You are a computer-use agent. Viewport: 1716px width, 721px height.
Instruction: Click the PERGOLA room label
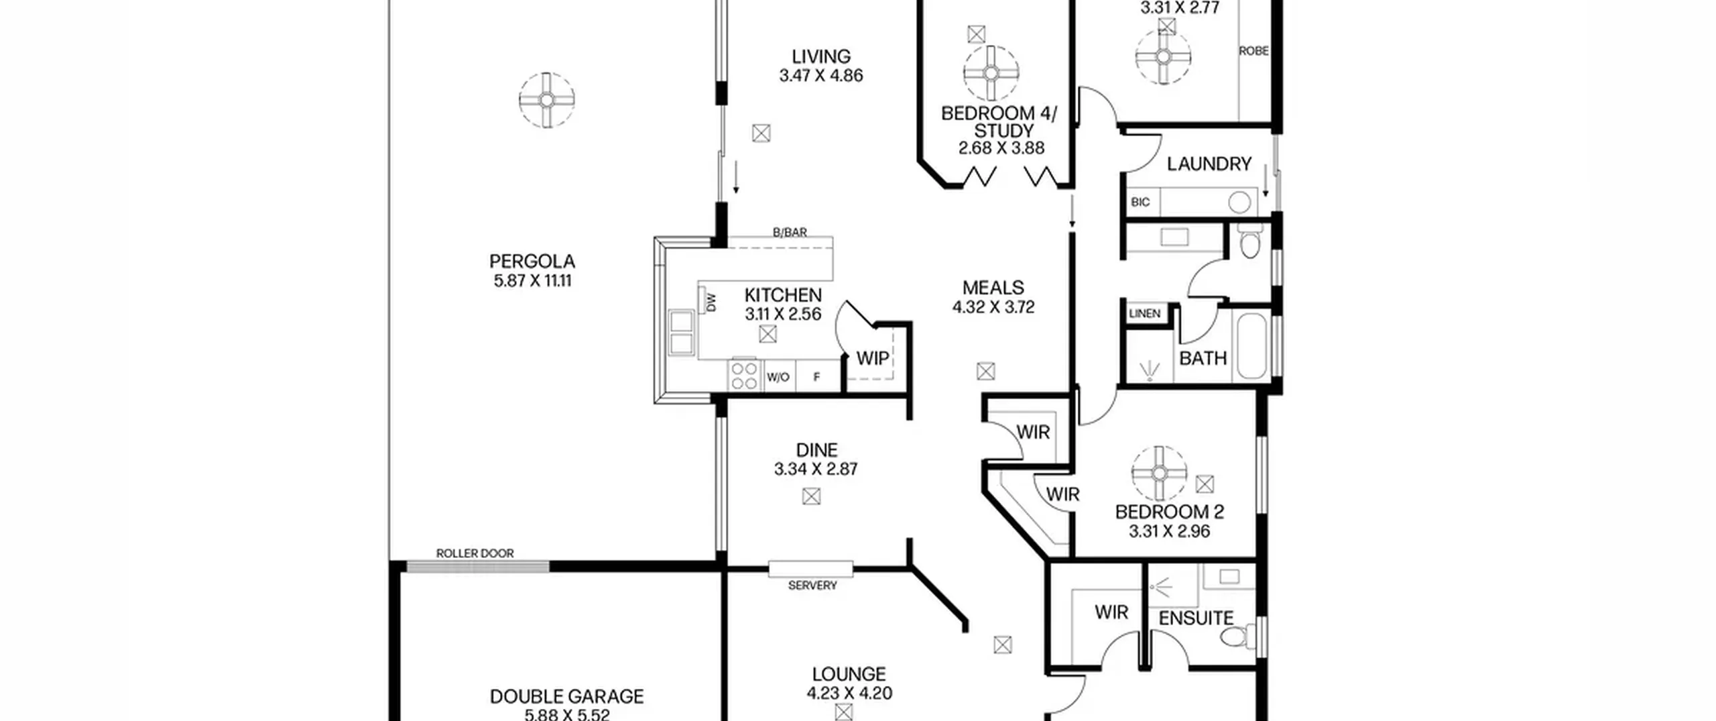pos(532,261)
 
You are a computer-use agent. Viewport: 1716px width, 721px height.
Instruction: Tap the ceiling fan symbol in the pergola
pos(547,100)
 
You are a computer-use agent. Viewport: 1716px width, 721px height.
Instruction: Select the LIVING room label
pos(821,56)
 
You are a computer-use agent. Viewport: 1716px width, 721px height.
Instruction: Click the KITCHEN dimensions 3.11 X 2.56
pos(783,314)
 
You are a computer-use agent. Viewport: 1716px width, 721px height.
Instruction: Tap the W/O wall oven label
pos(778,377)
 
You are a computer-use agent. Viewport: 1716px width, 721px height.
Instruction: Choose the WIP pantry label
pos(872,358)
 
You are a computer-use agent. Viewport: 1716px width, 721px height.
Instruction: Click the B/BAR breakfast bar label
pos(790,232)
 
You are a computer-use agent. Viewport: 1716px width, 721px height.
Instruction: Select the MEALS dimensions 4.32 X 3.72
pos(993,307)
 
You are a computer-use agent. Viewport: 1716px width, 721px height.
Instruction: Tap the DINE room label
pos(816,449)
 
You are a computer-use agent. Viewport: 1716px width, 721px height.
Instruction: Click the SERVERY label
pos(812,586)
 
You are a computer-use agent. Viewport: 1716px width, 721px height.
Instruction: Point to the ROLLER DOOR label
pos(475,553)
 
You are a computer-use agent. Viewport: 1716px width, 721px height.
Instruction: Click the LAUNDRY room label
pos(1209,164)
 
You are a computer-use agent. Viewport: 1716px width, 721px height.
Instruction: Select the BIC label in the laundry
pos(1140,202)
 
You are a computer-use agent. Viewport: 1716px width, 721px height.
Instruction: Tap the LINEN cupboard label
pos(1144,314)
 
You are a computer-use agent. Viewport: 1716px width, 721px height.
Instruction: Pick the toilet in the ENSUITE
pos(1239,634)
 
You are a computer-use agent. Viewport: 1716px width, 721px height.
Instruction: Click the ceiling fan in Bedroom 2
pos(1159,474)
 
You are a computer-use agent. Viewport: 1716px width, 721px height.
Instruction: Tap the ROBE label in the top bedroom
pos(1253,51)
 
